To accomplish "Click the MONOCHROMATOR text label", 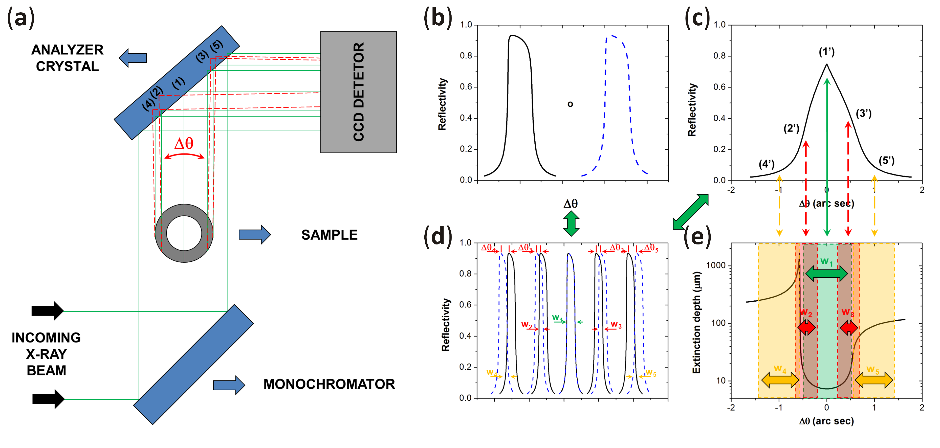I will point(329,384).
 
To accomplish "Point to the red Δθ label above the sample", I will point(184,144).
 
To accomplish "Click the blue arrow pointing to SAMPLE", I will point(255,234).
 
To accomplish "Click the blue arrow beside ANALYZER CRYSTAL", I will point(133,58).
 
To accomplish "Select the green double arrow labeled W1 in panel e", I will point(826,273).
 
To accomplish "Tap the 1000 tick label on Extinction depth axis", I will point(716,265).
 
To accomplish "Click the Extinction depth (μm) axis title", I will point(696,322).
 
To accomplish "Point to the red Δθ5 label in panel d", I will point(651,248).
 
